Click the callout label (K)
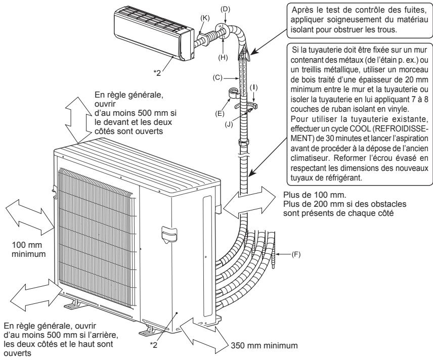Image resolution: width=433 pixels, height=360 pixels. pos(205,18)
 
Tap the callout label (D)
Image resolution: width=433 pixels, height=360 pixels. pos(225,9)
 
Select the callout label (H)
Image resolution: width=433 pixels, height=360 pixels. pos(223,58)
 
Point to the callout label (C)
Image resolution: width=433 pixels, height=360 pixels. pos(218,78)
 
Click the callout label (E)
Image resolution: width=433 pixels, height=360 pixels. pos(220,113)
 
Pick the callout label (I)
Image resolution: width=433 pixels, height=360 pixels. pos(253,87)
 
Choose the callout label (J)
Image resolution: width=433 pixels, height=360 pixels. pos(229,124)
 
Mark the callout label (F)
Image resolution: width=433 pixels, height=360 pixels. pos(296,254)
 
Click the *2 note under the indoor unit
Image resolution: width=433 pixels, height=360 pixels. pos(157,73)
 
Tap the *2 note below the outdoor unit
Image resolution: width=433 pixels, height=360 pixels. pos(154,344)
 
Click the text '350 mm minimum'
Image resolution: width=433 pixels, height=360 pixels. pos(264,345)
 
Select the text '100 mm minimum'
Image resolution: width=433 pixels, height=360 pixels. pos(29,249)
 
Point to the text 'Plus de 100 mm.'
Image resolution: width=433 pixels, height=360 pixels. pos(315,195)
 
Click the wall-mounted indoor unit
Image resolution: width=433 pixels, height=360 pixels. pos(155,32)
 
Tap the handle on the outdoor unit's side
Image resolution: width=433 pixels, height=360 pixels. pos(169,235)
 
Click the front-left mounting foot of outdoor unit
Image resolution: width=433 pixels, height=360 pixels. pos(72,305)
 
